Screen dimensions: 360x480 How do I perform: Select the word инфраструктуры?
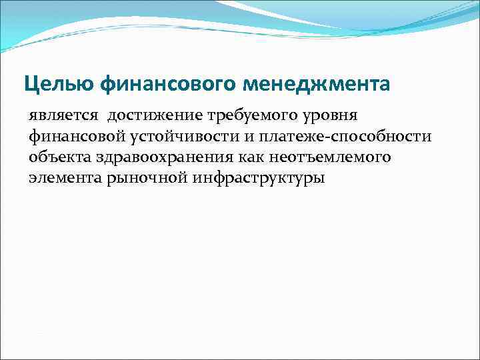pos(254,179)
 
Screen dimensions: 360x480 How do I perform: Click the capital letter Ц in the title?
pos(31,84)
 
